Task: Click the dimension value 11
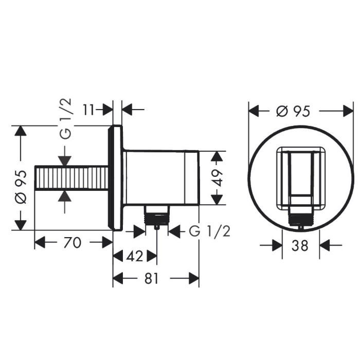click(x=88, y=110)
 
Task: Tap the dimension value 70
click(x=73, y=242)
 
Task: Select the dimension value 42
click(x=135, y=256)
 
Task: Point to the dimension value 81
click(x=152, y=279)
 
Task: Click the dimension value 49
click(x=217, y=178)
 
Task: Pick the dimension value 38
click(x=300, y=245)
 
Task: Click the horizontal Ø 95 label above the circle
click(x=294, y=111)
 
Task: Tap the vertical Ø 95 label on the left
click(x=21, y=187)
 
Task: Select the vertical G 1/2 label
click(x=66, y=119)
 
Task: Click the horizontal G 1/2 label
click(x=209, y=231)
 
